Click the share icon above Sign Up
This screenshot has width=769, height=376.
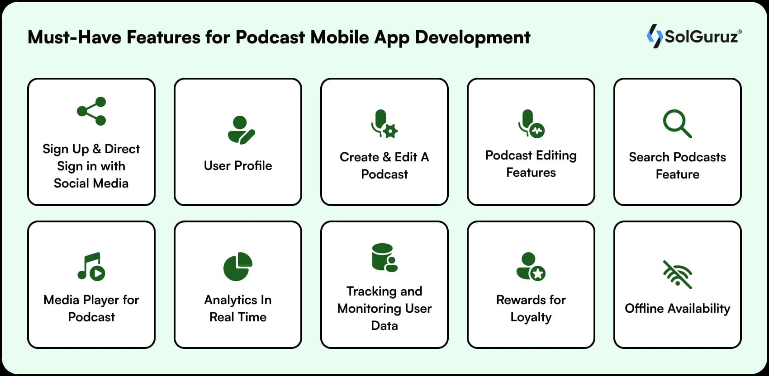pyautogui.click(x=91, y=111)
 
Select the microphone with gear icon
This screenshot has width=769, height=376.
pyautogui.click(x=384, y=123)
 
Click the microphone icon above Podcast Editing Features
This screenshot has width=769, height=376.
pyautogui.click(x=531, y=123)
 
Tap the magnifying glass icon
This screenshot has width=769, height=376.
pyautogui.click(x=677, y=123)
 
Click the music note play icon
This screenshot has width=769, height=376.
pyautogui.click(x=91, y=266)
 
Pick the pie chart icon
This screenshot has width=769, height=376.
pyautogui.click(x=238, y=266)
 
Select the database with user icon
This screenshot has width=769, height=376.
pyautogui.click(x=384, y=258)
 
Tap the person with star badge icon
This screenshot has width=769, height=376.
pyautogui.click(x=531, y=266)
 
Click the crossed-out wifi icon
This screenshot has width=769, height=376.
pyautogui.click(x=677, y=274)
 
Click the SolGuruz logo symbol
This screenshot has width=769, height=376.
pyautogui.click(x=654, y=36)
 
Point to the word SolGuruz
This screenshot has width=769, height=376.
pyautogui.click(x=701, y=36)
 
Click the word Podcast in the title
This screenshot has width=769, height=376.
pyautogui.click(x=271, y=37)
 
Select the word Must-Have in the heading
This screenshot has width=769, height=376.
pyautogui.click(x=75, y=37)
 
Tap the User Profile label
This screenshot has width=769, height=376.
pyautogui.click(x=238, y=165)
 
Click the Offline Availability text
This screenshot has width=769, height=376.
pyautogui.click(x=677, y=308)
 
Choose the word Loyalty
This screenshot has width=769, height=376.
pyautogui.click(x=531, y=317)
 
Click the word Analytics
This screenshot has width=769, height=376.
pyautogui.click(x=225, y=300)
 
